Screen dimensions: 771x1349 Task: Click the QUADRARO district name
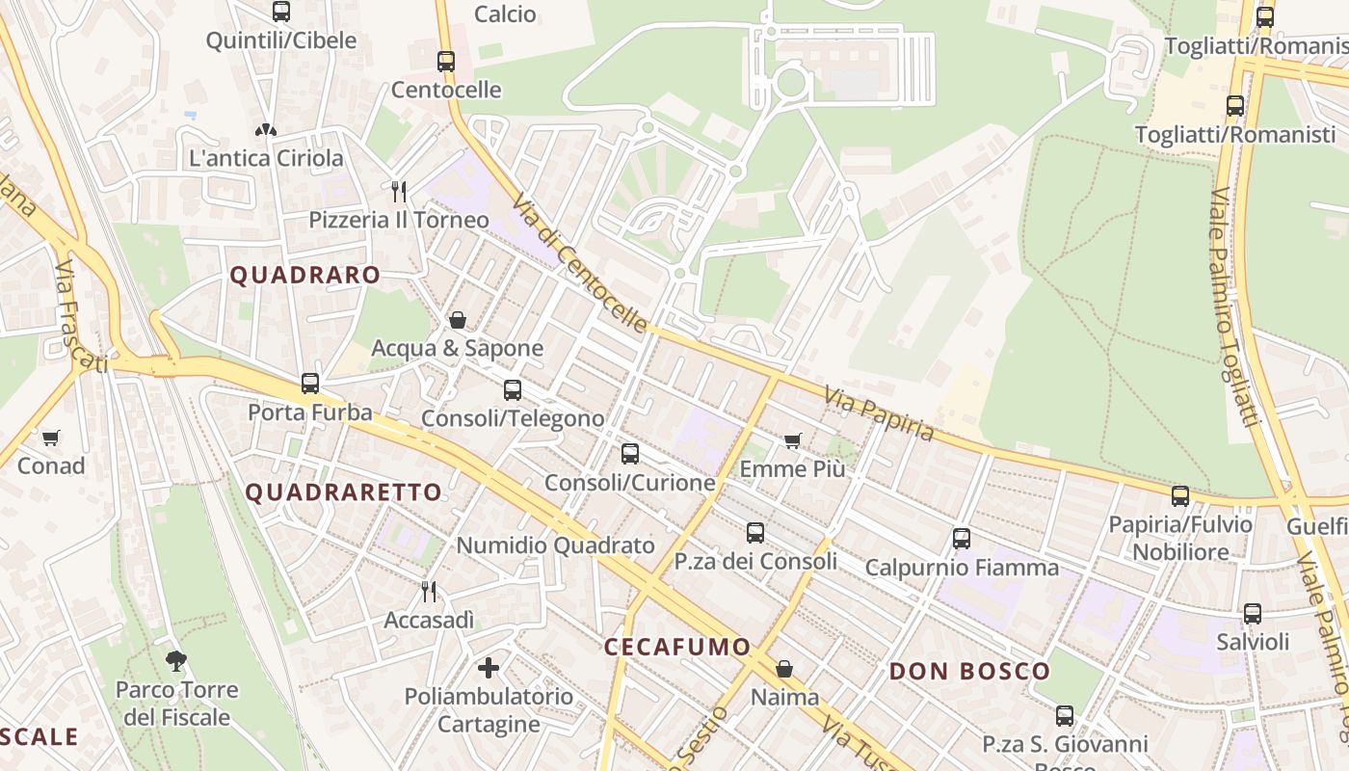[x=305, y=275]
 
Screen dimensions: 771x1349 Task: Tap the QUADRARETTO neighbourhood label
[x=343, y=492]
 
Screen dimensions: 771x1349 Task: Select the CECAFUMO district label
[x=676, y=647]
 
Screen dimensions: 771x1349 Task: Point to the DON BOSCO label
[x=969, y=672]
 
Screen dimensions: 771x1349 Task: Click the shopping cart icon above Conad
[x=51, y=439]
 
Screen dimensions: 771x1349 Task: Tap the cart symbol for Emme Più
[x=792, y=441]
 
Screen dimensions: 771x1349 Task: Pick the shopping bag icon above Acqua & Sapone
[x=458, y=320]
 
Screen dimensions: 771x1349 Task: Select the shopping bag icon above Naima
[x=784, y=669]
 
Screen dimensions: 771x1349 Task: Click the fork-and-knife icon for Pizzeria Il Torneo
[x=399, y=191]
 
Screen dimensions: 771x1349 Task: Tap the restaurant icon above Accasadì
[x=429, y=591]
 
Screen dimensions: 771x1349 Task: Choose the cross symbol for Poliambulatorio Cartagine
[x=489, y=667]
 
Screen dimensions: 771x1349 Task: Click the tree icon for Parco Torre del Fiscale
[x=175, y=661]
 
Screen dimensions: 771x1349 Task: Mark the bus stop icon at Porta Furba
[x=309, y=384]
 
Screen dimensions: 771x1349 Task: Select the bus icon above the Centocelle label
[x=445, y=62]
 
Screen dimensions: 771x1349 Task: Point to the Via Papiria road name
[x=878, y=412]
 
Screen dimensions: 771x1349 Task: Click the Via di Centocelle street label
[x=580, y=261]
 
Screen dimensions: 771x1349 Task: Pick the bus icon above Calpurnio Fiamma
[x=961, y=539]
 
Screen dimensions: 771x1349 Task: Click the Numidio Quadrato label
[x=555, y=545]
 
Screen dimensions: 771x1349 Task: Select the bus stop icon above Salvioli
[x=1252, y=614]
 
